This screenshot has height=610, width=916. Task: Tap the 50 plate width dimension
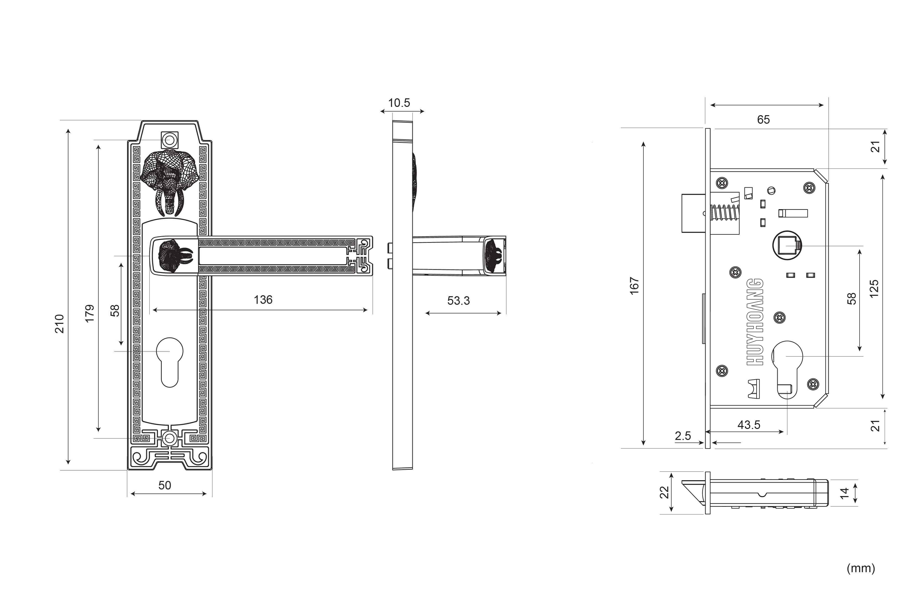pyautogui.click(x=165, y=485)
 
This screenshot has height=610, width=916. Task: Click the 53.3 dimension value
pyautogui.click(x=458, y=300)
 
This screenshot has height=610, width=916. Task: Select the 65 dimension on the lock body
pyautogui.click(x=763, y=119)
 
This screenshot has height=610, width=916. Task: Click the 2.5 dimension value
pyautogui.click(x=683, y=436)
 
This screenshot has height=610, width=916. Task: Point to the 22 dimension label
pyautogui.click(x=664, y=492)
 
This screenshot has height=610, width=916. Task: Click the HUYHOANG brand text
pyautogui.click(x=755, y=322)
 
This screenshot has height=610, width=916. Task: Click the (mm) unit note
pyautogui.click(x=861, y=568)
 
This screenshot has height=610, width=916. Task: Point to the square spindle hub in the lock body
pyautogui.click(x=787, y=245)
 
